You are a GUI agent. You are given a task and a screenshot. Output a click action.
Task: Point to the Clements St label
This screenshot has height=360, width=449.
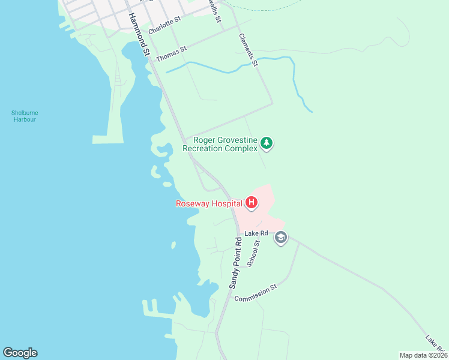248,50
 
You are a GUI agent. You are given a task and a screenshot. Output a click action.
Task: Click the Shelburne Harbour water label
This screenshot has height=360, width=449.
24,116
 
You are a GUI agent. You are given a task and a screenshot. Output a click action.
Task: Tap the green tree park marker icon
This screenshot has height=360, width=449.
267,143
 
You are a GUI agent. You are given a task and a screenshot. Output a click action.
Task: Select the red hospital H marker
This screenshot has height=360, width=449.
252,203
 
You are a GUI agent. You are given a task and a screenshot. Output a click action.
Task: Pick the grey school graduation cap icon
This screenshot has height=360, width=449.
280,238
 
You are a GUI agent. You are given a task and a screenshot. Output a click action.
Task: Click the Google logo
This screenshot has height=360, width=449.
20,353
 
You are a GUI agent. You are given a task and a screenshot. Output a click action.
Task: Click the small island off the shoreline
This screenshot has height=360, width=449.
173,245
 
